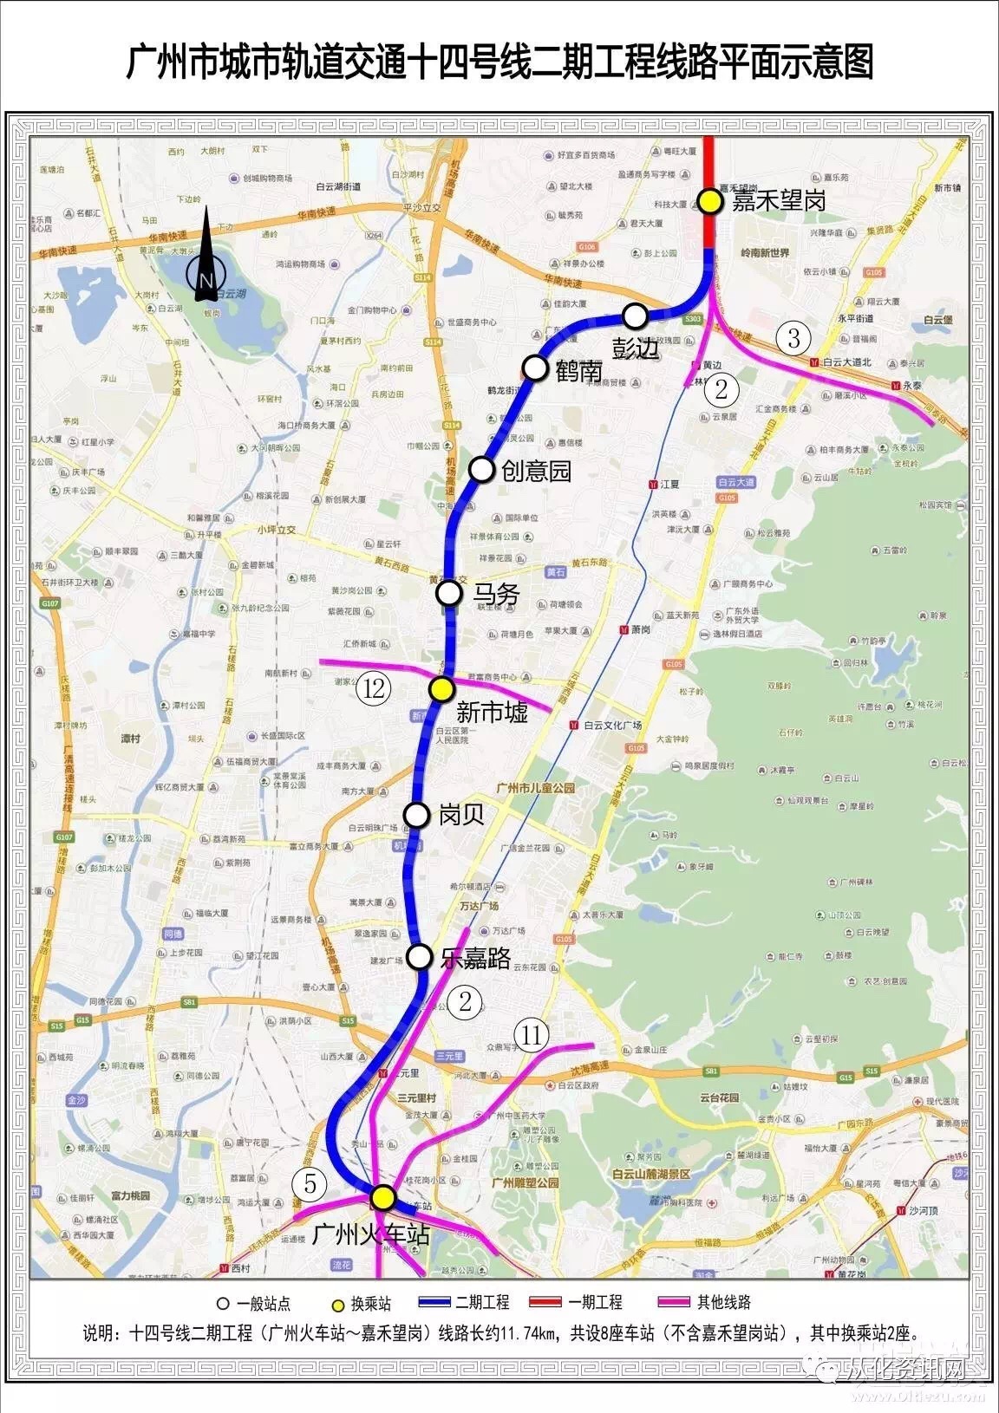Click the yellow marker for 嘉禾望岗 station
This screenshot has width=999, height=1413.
pos(711,201)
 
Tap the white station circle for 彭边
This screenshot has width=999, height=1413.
pos(637,315)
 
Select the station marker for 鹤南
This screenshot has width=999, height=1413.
pos(536,368)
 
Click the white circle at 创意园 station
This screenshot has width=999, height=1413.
pos(481,469)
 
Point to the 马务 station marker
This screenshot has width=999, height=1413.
pos(448,593)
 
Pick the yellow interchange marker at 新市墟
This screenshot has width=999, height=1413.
pos(441,689)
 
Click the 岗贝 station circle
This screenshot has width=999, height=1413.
pos(417,815)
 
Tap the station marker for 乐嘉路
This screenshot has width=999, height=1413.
pos(420,957)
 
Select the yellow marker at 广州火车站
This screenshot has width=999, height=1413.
pos(383,1197)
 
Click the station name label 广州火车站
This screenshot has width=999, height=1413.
pos(370,1234)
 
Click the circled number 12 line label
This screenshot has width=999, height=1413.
pos(375,689)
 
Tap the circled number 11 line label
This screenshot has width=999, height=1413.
pos(532,1034)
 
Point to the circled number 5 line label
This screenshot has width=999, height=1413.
pos(310,1184)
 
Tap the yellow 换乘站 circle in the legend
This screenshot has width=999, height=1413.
pos(336,1303)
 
